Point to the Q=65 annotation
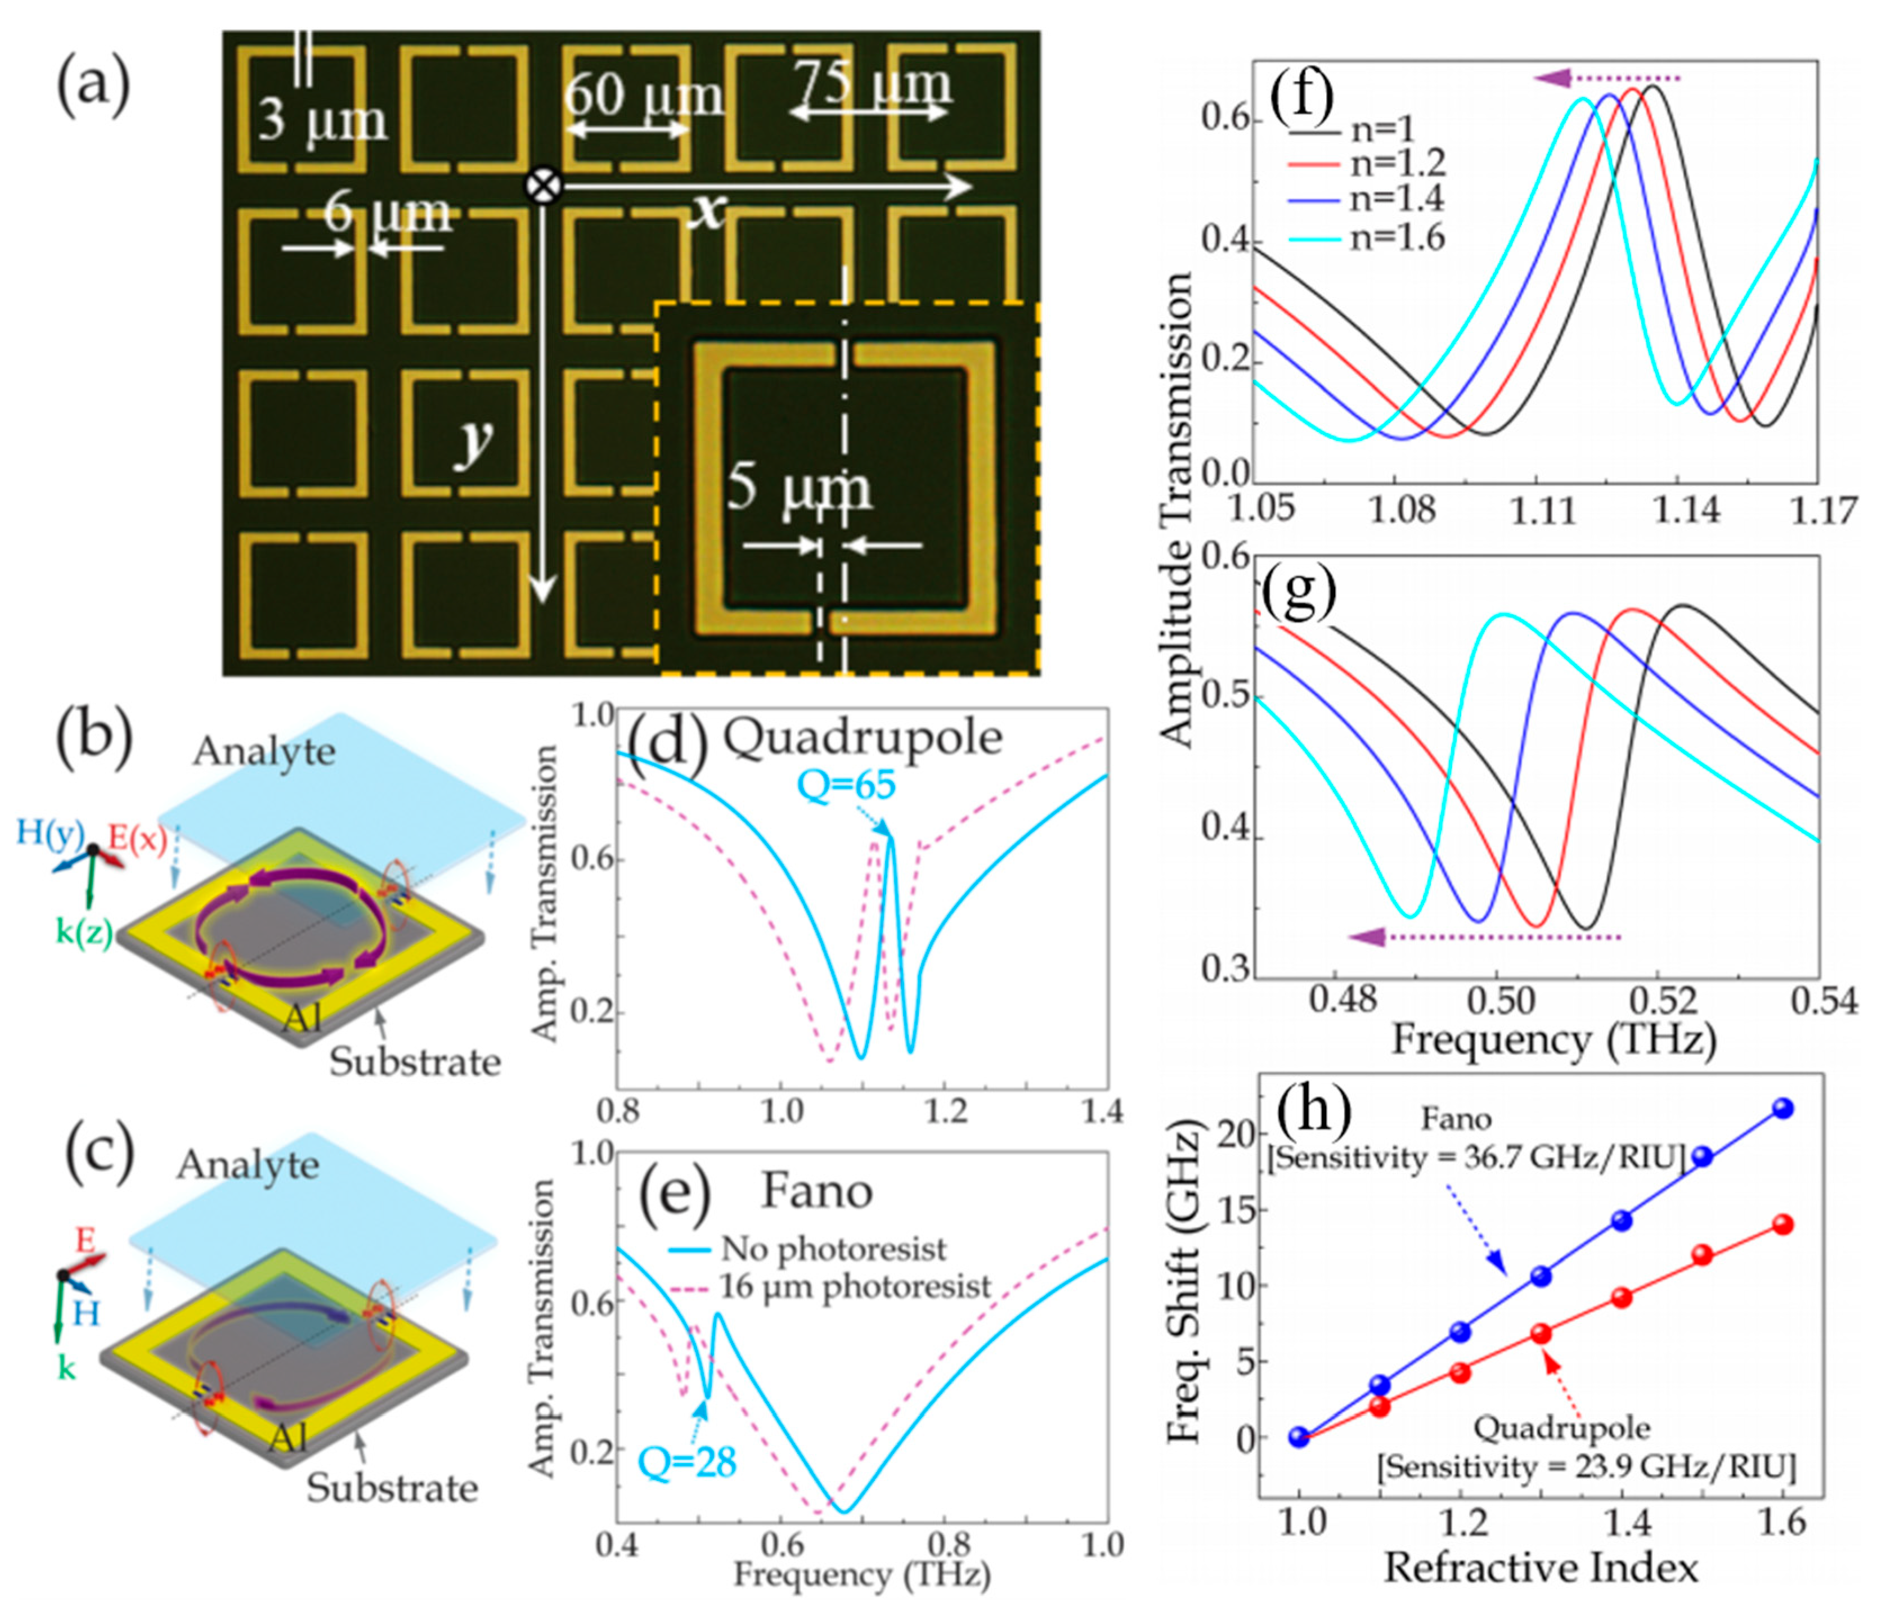pyautogui.click(x=846, y=785)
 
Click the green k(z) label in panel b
pyautogui.click(x=83, y=933)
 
